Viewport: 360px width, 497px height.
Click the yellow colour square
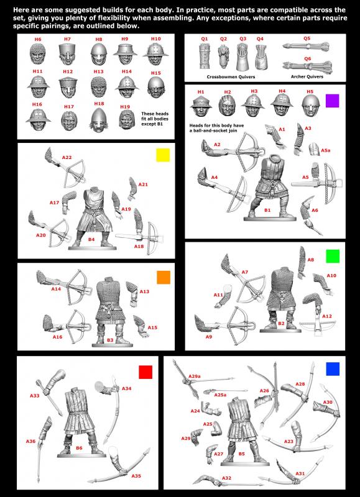pyautogui.click(x=163, y=155)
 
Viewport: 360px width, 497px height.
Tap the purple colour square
pyautogui.click(x=333, y=101)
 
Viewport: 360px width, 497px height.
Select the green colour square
pyautogui.click(x=333, y=256)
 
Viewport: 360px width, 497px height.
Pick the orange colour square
pyautogui.click(x=164, y=277)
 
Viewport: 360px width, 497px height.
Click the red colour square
pyautogui.click(x=145, y=372)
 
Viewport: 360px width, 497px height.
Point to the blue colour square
pyautogui.click(x=333, y=369)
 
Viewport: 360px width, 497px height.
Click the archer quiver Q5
pyautogui.click(x=306, y=46)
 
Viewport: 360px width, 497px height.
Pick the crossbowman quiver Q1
pyautogui.click(x=205, y=57)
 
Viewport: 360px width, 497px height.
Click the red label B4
pyautogui.click(x=91, y=239)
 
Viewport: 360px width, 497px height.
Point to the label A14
pyautogui.click(x=56, y=289)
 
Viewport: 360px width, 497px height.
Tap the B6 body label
pyautogui.click(x=79, y=448)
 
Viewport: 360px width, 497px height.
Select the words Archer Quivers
pyautogui.click(x=307, y=76)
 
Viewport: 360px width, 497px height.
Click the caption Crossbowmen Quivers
pyautogui.click(x=231, y=76)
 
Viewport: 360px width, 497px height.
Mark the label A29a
pyautogui.click(x=195, y=376)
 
